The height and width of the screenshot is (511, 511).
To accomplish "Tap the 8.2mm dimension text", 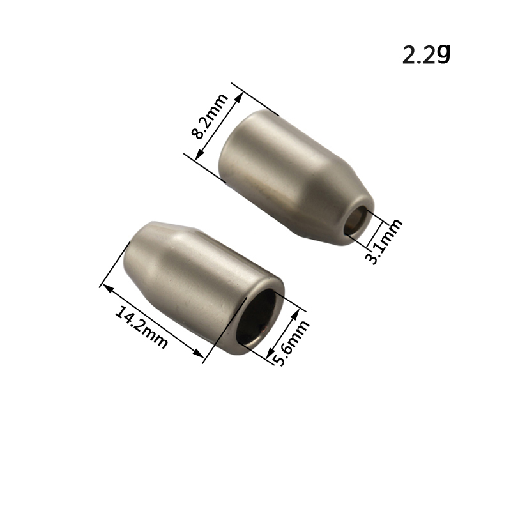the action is [x=210, y=116].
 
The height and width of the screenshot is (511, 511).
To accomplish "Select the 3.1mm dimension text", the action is [x=385, y=241].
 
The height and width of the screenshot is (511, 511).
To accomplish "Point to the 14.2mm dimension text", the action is [x=142, y=327].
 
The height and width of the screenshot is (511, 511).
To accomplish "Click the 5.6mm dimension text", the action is [x=291, y=343].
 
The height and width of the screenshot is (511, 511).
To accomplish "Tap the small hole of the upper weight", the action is [x=356, y=220].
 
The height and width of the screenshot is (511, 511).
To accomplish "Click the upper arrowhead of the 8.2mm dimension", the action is [x=240, y=97].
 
